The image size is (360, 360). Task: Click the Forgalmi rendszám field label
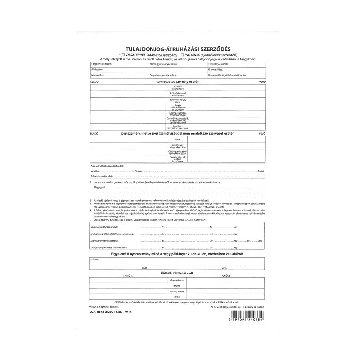coord(102,64)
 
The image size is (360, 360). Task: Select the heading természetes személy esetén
coord(175,82)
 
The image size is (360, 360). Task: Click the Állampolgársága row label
coord(175,113)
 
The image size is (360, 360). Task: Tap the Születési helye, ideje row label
coord(175,100)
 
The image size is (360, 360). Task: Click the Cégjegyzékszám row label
coord(175,153)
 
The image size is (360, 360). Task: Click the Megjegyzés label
coord(101,188)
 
